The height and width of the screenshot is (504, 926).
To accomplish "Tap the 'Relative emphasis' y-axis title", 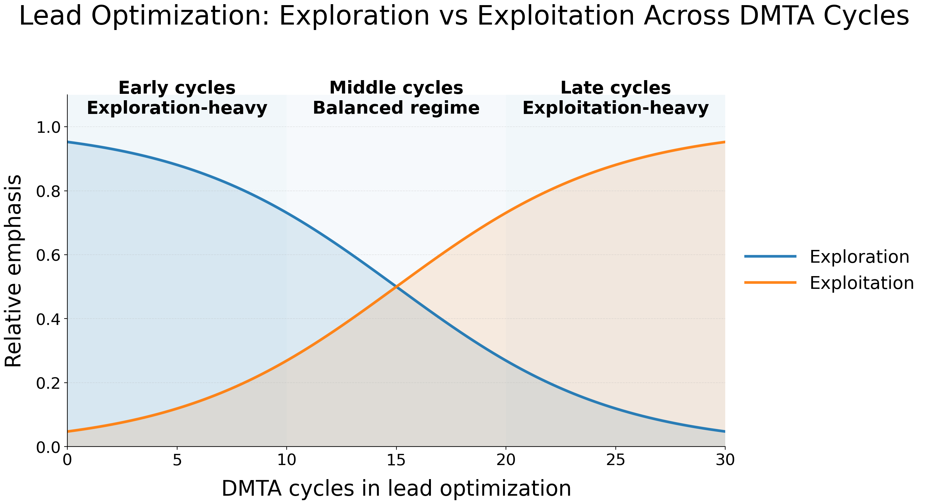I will [14, 271].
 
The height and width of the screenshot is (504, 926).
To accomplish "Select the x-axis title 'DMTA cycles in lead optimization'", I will [396, 489].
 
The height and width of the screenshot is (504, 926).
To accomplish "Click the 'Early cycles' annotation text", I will [177, 88].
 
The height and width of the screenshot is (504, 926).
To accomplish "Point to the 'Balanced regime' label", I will [396, 108].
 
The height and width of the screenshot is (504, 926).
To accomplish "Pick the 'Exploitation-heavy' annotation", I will [615, 108].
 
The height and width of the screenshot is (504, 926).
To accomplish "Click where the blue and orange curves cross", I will [396, 287].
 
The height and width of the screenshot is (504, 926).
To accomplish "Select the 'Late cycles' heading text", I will [615, 88].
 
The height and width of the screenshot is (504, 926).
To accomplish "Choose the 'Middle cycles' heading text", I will [396, 88].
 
